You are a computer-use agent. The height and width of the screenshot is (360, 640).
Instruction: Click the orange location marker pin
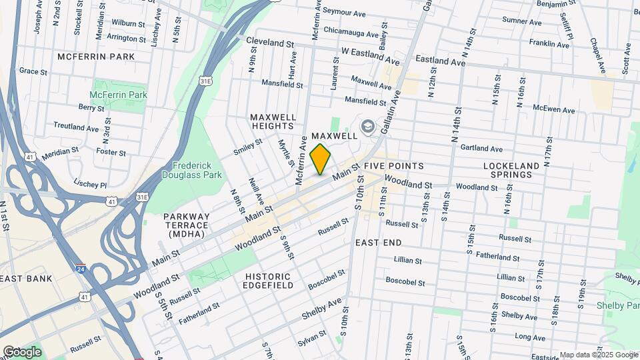click(321, 159)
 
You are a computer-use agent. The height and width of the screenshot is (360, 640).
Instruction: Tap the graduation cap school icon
click(367, 127)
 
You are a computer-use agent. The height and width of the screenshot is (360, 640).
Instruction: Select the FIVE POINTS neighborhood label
click(394, 165)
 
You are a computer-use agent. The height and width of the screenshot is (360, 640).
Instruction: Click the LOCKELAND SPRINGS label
click(508, 169)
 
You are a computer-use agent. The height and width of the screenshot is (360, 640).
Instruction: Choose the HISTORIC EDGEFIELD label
click(268, 281)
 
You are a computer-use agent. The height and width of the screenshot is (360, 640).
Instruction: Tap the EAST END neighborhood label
click(379, 243)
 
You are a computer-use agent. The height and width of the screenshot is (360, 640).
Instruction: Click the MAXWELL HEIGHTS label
click(273, 122)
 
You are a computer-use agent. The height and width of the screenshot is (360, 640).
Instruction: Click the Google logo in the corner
click(22, 352)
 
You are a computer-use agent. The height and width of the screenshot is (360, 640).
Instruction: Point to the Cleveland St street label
click(270, 41)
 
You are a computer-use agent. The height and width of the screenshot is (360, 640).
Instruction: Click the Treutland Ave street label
click(76, 127)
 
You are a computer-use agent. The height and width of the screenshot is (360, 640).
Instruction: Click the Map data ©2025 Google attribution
click(599, 355)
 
